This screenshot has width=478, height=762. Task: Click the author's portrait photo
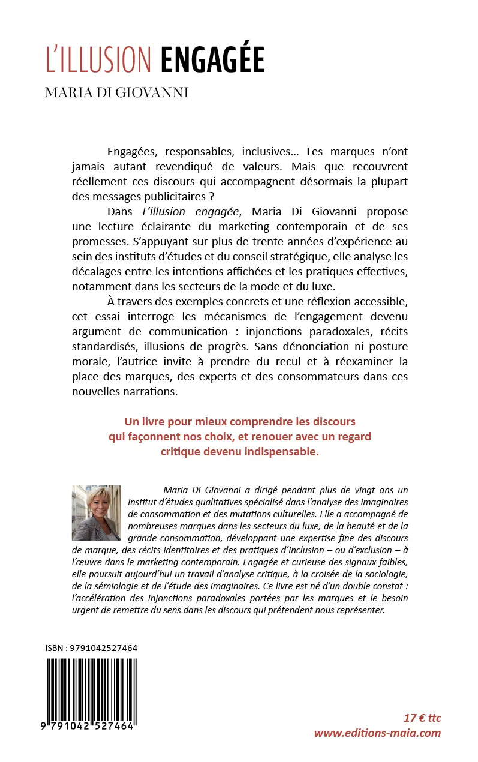pos(96,513)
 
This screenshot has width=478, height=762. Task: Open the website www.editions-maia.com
pos(377,733)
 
